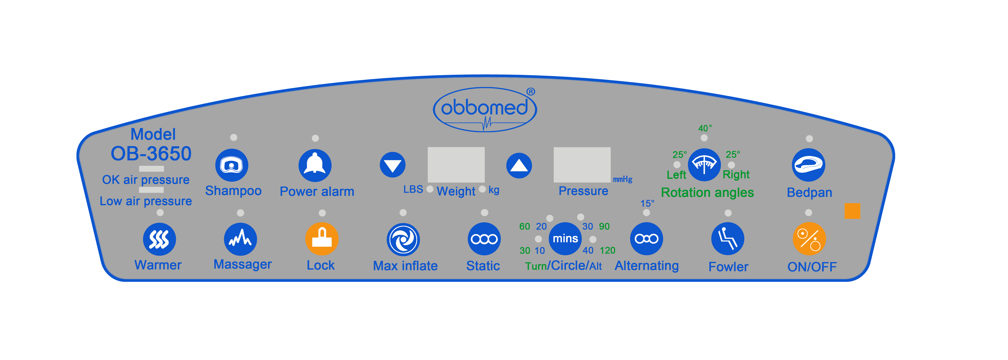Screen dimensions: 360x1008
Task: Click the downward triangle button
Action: pos(393,165)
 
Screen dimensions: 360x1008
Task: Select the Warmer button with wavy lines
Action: pos(159,239)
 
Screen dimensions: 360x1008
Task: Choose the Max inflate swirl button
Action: pos(403,239)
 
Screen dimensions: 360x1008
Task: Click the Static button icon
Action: pos(484,239)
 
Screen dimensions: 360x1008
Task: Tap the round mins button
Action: pos(565,238)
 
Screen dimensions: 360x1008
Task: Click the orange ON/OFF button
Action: pos(809,239)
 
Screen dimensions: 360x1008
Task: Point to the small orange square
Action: pos(852,211)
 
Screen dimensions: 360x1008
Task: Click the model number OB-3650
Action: pos(151,153)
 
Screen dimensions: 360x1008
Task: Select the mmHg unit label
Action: pos(623,179)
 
